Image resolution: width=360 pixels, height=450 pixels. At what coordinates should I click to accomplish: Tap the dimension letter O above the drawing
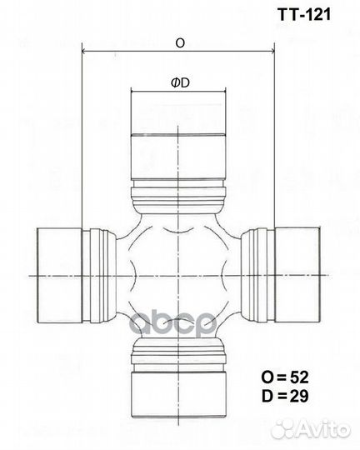(x=180, y=43)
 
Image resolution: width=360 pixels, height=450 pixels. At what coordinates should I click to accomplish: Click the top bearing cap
(x=180, y=137)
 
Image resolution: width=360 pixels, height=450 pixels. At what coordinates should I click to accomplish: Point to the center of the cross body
(x=180, y=273)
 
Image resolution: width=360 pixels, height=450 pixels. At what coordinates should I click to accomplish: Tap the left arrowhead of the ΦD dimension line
(x=133, y=92)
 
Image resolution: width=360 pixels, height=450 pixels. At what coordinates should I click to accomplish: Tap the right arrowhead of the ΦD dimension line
(x=226, y=92)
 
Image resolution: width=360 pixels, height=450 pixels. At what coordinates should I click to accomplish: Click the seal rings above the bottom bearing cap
(x=180, y=347)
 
